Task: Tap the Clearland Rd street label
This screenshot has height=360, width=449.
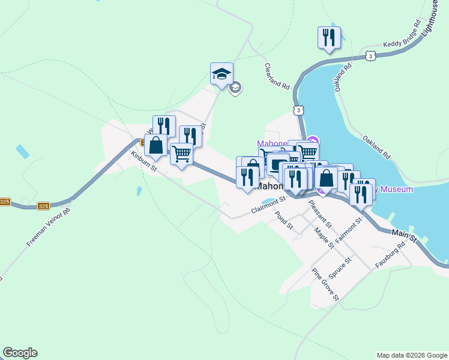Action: coord(277,77)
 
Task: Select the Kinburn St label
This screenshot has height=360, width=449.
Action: coord(144,161)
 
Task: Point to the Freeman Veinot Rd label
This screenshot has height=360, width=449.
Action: coord(49,227)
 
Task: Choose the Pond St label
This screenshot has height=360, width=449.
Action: coord(283,220)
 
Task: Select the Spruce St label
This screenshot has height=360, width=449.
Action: coord(339,264)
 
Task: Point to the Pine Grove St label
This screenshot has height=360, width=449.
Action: coord(325,284)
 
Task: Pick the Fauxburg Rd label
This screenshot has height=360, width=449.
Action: coord(390,256)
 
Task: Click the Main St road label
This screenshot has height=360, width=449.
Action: coord(404,235)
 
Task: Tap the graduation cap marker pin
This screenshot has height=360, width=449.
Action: coord(221,74)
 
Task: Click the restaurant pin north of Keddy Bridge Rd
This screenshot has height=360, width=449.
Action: coord(329,38)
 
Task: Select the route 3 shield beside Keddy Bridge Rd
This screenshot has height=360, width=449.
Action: coord(370,56)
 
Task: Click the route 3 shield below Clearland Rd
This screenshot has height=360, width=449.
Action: coord(298,110)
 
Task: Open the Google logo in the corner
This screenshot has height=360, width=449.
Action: coord(20,353)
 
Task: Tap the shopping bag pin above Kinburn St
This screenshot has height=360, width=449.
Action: coord(155,146)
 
